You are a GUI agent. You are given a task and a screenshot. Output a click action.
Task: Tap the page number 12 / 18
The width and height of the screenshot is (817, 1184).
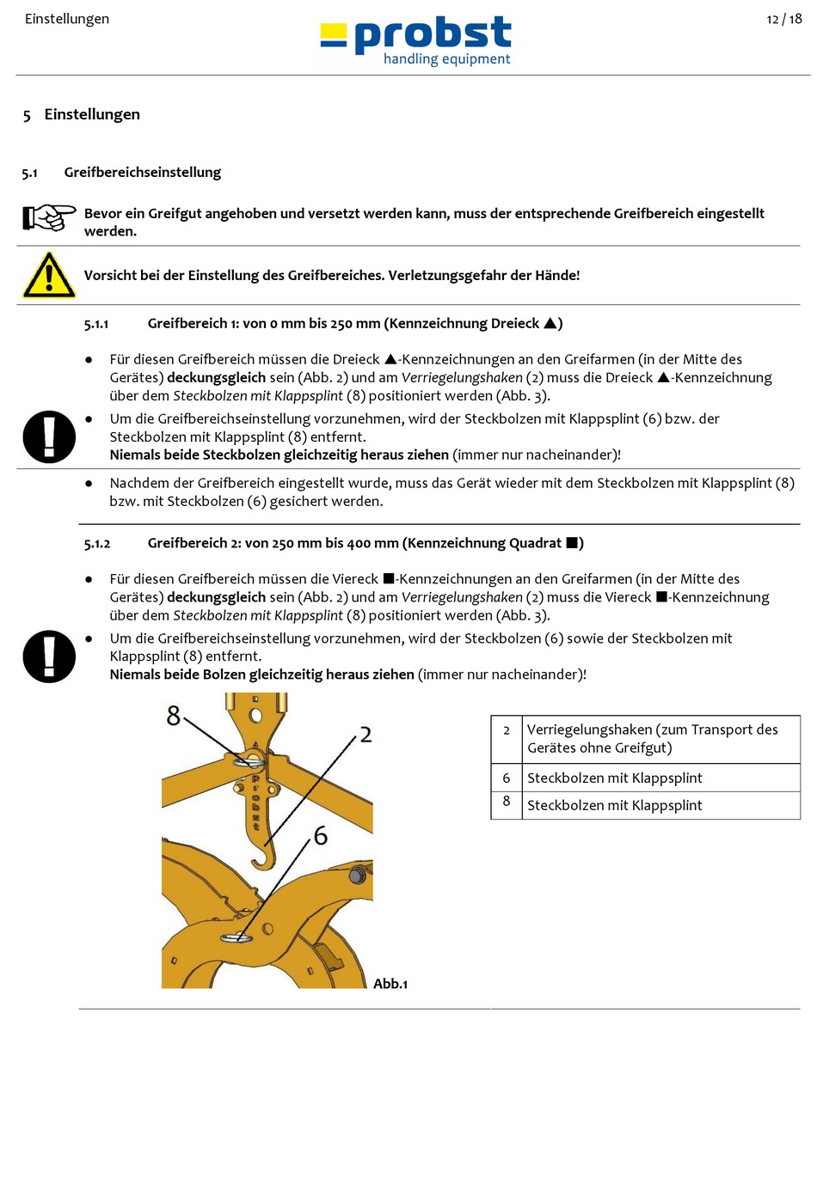783,19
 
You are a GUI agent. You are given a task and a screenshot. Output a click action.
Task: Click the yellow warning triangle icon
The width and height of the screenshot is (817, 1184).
49,275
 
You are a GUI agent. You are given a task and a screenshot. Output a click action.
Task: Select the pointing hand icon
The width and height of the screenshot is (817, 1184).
49,217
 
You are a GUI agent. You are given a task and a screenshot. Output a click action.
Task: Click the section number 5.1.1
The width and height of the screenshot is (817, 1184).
96,324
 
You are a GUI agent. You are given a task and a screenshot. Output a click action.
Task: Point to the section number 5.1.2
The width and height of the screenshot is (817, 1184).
97,544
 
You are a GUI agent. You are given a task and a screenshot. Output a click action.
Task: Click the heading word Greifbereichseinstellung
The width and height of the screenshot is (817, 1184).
142,173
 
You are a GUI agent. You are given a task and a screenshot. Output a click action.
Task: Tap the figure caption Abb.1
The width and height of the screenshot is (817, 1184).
390,984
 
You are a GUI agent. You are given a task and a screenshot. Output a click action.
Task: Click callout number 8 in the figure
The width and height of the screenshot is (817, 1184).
174,716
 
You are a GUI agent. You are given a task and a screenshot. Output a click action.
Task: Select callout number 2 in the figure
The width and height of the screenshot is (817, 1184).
365,735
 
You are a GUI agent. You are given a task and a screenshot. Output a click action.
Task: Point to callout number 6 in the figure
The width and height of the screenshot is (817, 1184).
321,835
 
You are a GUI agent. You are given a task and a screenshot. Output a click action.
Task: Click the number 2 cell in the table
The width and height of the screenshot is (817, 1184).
507,730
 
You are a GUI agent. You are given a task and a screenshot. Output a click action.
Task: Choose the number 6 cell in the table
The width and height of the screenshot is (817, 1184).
507,778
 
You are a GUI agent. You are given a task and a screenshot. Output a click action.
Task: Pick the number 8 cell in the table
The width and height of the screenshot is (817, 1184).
507,801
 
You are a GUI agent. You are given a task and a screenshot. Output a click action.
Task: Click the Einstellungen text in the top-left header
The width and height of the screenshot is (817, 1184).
67,19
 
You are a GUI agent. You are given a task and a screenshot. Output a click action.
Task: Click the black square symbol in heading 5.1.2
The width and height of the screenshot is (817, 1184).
572,543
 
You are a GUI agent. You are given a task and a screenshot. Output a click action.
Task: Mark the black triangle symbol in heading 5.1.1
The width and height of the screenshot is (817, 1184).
550,323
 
